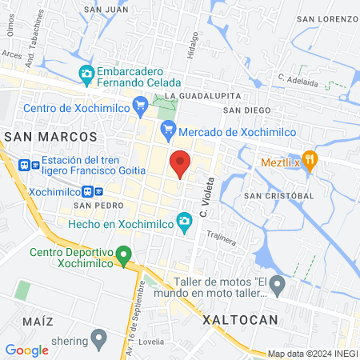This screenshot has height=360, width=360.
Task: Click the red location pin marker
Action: click(180, 162)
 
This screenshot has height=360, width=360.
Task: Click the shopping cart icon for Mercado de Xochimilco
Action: click(168, 131)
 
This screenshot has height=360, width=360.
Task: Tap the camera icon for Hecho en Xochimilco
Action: click(185, 220)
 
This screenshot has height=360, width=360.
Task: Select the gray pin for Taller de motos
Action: click(277, 283)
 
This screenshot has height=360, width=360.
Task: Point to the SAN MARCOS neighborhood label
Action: click(50, 137)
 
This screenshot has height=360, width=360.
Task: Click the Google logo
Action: click(26, 350)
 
